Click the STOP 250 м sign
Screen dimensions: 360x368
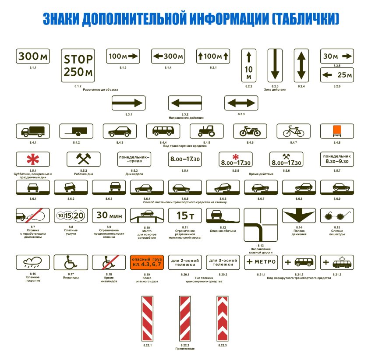(x=78, y=65)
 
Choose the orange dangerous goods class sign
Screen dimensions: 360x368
(x=147, y=262)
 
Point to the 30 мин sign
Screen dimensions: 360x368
(x=109, y=215)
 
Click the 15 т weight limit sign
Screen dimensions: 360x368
(x=185, y=215)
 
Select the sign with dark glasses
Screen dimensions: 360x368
(x=337, y=215)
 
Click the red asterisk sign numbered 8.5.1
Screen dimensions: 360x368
(x=32, y=160)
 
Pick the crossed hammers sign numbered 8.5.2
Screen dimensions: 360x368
(x=83, y=160)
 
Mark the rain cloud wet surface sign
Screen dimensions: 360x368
(x=33, y=262)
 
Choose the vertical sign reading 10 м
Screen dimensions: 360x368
(x=248, y=65)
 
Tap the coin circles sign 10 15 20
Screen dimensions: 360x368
(x=71, y=215)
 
